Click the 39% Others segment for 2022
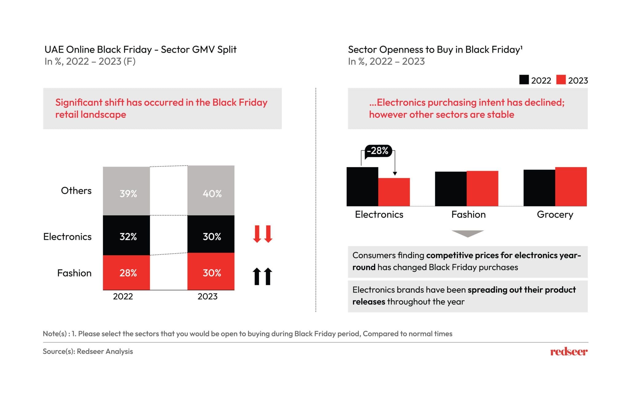126,191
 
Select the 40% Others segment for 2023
211,190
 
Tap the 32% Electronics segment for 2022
126,235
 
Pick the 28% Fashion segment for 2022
126,272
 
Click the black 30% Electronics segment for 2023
211,234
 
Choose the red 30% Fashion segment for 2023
211,271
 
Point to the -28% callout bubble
378,151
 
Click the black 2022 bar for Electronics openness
362,187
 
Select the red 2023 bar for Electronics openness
394,192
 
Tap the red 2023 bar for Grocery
571,187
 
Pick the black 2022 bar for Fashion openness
451,189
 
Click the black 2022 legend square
524,80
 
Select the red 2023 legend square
561,80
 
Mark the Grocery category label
555,215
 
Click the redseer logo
569,352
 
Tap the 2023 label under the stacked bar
207,296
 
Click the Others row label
76,191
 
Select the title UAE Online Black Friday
140,49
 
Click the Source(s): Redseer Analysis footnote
88,351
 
